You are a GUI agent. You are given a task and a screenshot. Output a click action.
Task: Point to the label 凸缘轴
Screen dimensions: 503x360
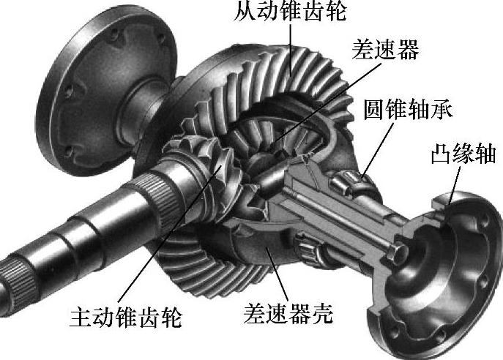(x=463, y=154)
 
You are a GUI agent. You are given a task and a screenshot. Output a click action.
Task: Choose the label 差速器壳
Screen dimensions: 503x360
(x=288, y=315)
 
